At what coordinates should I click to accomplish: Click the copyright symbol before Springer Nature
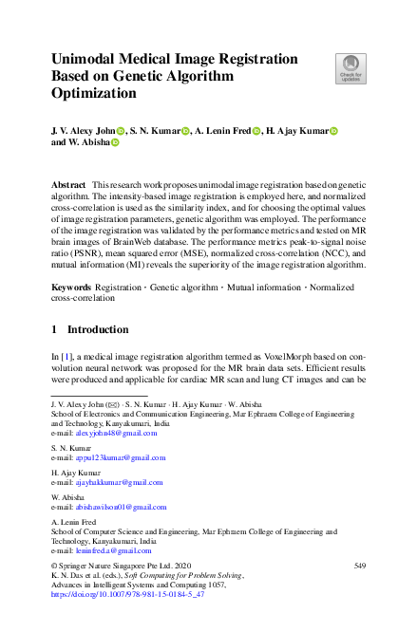54,566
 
